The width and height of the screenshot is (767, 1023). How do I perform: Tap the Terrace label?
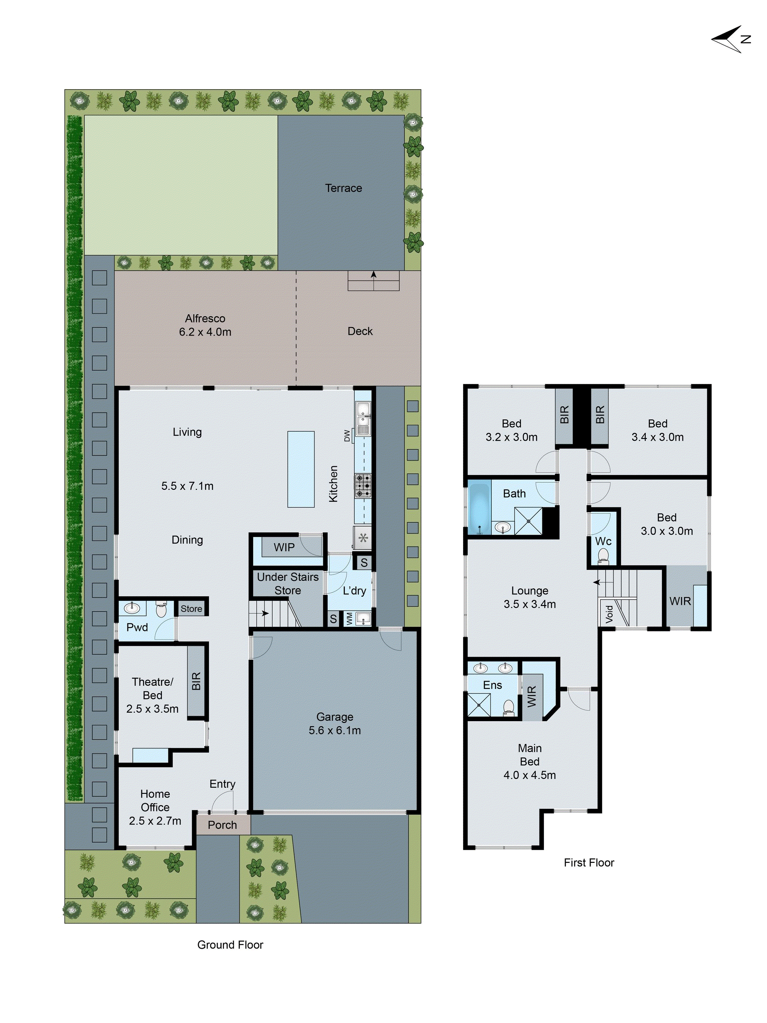(343, 188)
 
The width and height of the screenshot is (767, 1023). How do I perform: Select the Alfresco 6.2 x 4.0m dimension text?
(205, 332)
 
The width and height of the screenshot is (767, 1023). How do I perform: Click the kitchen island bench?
(301, 469)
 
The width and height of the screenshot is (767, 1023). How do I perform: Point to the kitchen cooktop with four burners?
(363, 486)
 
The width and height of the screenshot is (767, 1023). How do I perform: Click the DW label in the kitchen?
(347, 436)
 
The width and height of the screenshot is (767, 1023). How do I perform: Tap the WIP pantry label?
(284, 548)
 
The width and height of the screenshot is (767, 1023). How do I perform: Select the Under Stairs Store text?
(287, 584)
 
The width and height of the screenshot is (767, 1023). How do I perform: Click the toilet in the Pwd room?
(161, 610)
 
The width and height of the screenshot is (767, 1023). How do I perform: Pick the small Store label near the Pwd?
(191, 609)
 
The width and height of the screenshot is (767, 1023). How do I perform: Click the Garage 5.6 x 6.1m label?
(335, 724)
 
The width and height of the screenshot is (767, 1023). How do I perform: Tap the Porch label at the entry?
(222, 825)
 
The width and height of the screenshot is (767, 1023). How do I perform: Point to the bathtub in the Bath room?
(479, 507)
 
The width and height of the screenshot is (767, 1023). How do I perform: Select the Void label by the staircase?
(609, 614)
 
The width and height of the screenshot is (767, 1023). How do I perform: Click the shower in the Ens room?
(479, 705)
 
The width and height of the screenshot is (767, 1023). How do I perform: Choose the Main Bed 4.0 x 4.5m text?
(530, 762)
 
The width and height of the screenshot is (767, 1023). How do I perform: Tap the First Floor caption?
(589, 863)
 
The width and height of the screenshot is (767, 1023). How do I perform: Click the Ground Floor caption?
(230, 945)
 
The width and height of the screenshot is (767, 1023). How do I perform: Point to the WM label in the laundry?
(349, 618)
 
